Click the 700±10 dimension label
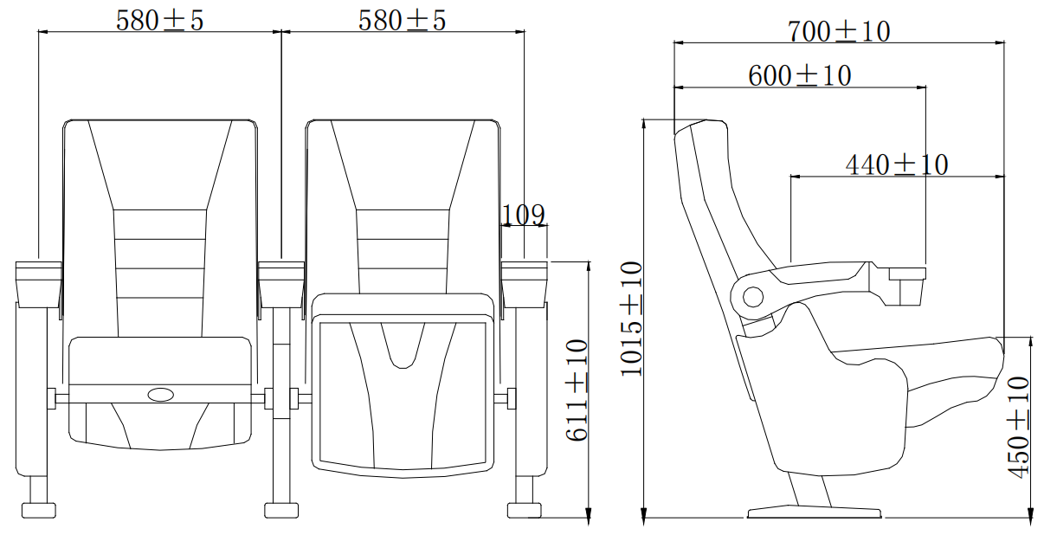click(x=839, y=31)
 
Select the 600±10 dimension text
click(x=800, y=75)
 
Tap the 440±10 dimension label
click(x=897, y=164)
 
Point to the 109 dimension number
click(x=523, y=215)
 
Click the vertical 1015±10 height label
click(x=631, y=319)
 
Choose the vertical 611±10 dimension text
click(x=577, y=390)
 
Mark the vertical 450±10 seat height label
click(x=1018, y=428)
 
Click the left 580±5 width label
click(x=160, y=21)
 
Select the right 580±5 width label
click(x=403, y=21)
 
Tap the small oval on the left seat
click(x=161, y=395)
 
